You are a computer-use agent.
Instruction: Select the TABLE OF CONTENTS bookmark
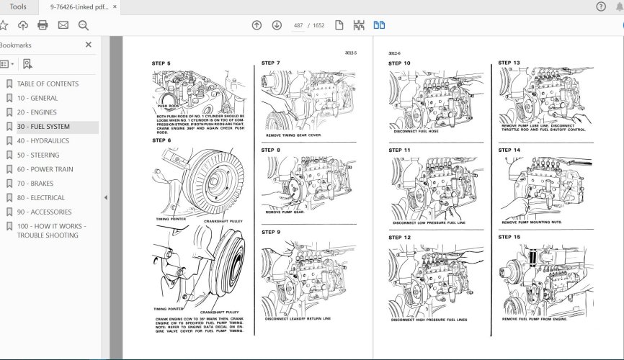pos(48,84)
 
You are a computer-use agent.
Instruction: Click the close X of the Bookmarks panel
pos(89,45)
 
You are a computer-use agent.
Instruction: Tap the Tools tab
pos(19,6)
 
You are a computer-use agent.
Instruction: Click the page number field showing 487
pos(298,25)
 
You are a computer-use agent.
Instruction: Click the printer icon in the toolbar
pos(43,25)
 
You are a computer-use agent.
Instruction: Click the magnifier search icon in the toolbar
pos(83,25)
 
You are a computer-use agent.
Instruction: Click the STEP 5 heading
pos(161,63)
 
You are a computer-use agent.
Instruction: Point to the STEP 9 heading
pos(271,232)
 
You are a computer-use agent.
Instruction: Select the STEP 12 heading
pos(400,237)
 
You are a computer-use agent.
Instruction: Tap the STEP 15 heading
pos(509,236)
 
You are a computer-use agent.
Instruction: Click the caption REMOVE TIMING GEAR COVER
pos(293,135)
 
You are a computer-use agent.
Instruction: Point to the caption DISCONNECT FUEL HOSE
pos(416,131)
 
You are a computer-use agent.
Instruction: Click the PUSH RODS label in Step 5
pos(167,106)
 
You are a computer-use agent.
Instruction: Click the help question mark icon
pos(601,6)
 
